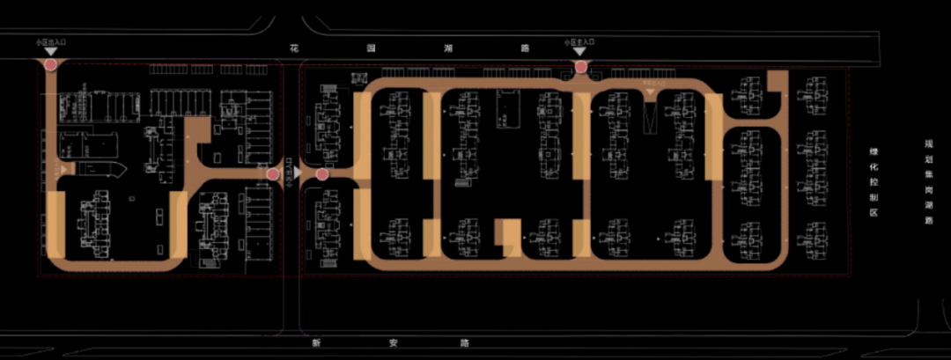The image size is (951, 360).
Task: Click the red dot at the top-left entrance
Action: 51,64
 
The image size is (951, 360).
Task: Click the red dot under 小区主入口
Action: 580,66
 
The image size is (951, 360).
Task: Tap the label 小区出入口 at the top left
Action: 49,41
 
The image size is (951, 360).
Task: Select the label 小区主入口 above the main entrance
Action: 579,41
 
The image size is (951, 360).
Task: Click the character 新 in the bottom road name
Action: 314,342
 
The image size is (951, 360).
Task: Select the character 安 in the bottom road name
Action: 390,342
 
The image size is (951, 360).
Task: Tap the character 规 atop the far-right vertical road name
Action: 927,143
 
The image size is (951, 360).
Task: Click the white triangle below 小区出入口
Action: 50,52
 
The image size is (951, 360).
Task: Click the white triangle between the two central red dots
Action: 296,174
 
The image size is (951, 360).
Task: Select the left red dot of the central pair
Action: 273,174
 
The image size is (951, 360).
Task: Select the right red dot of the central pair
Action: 321,174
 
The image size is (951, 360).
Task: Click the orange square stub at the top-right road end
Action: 777,81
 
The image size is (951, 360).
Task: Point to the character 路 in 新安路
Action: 465,342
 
